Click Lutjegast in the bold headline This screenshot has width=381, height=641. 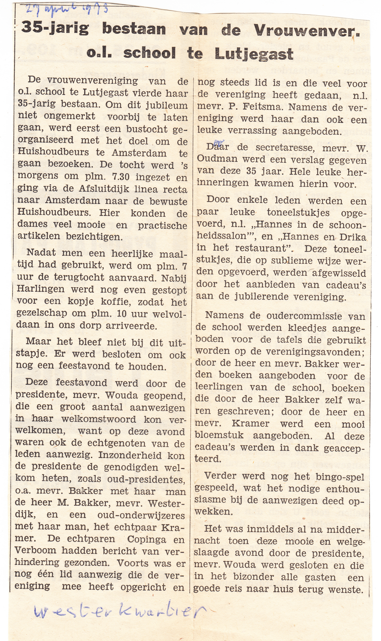tap(254, 54)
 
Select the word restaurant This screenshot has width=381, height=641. tap(262, 248)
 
